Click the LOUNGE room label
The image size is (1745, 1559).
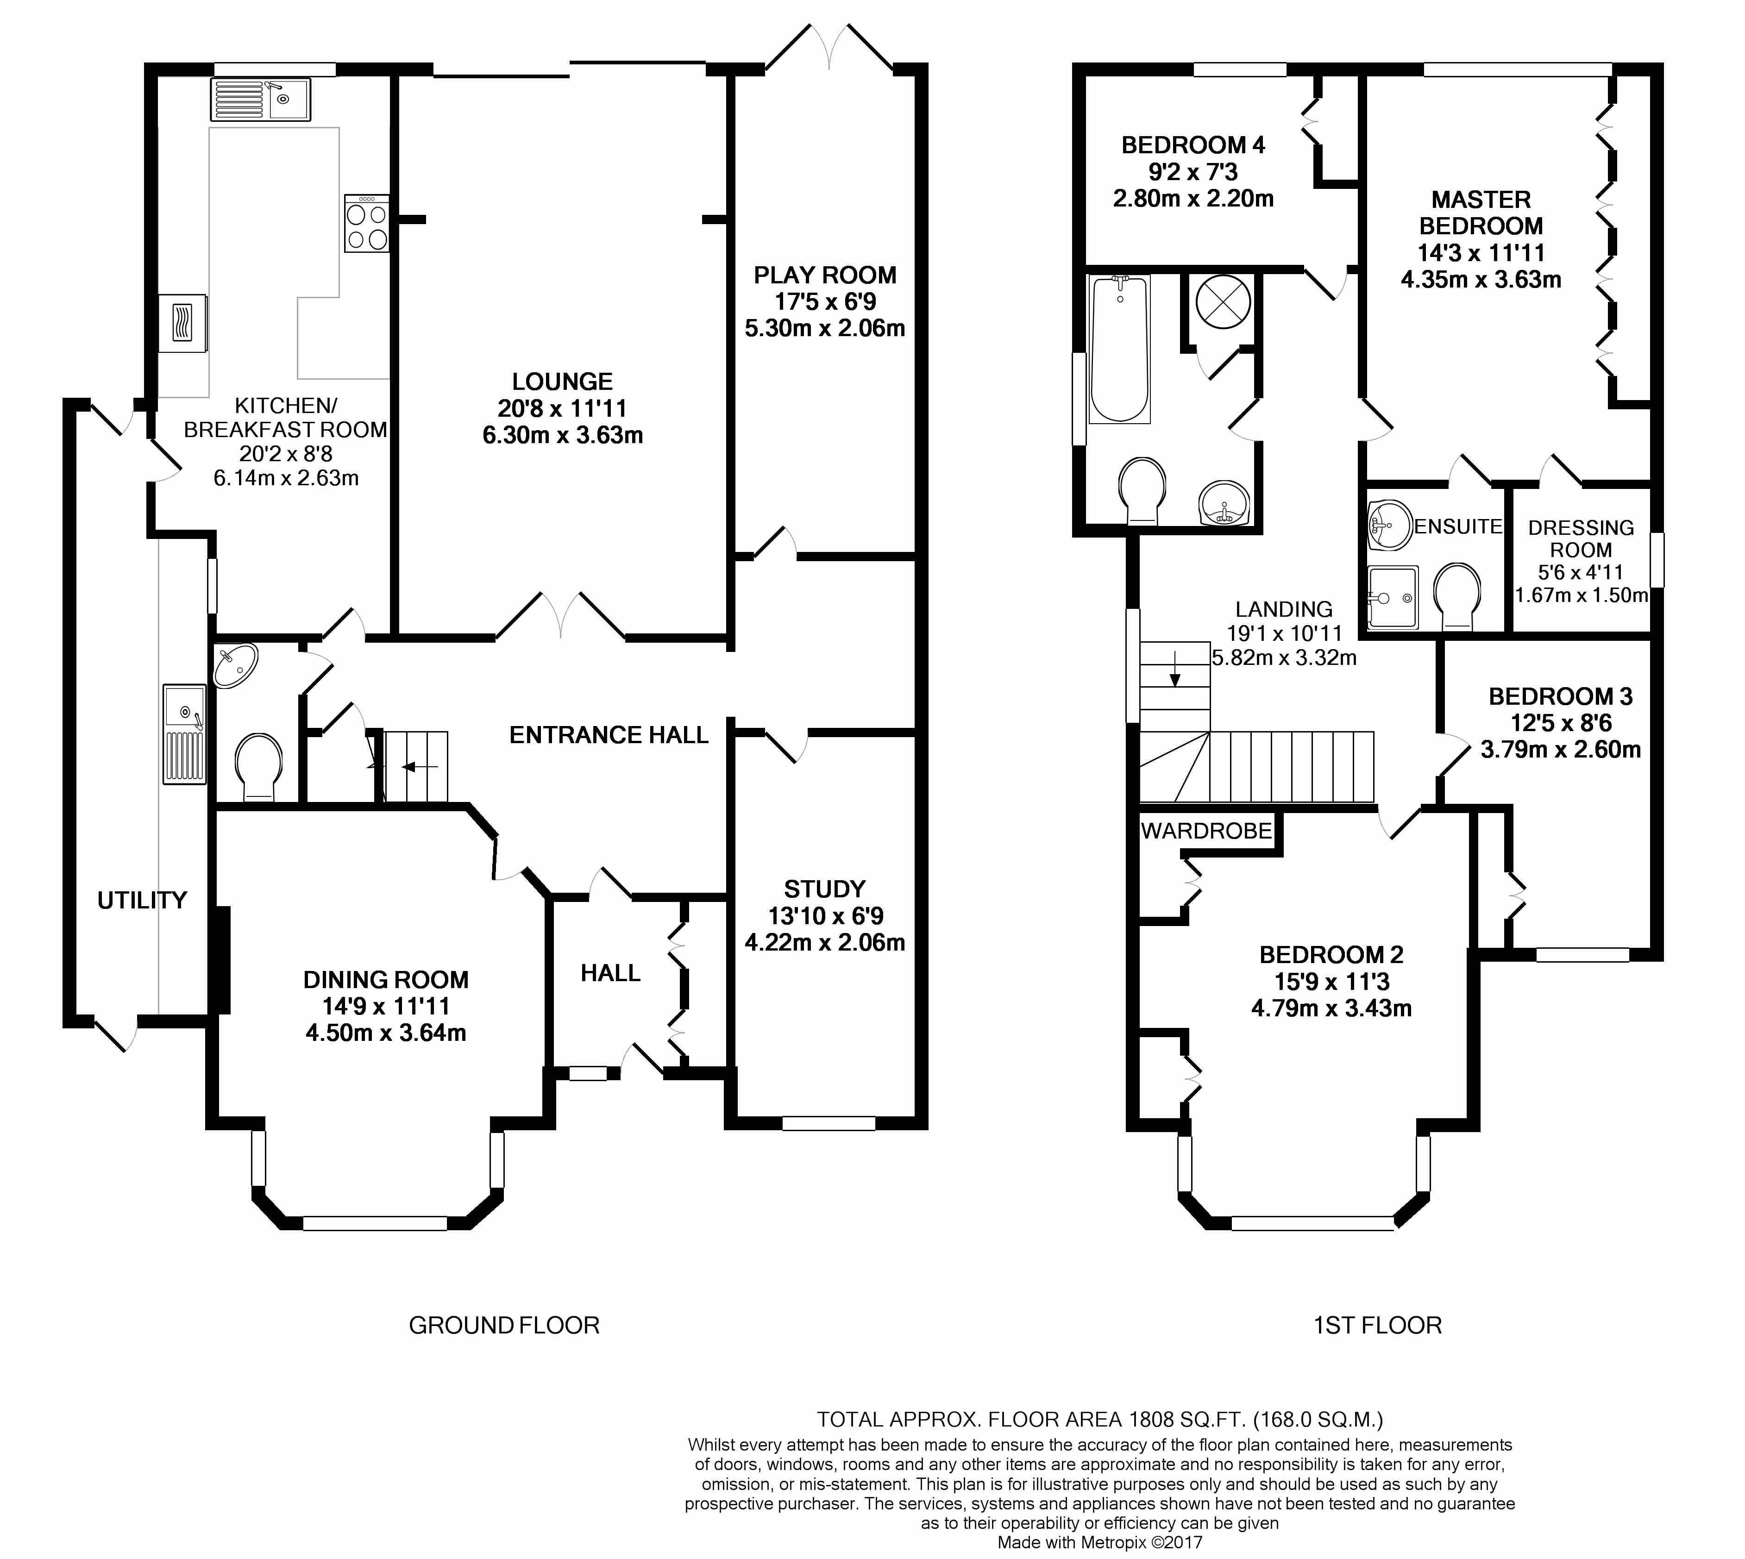pos(562,381)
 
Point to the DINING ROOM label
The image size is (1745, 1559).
pos(385,979)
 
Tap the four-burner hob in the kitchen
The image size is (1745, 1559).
pos(367,224)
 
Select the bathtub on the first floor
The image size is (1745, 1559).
pos(1120,349)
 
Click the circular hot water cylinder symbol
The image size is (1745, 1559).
pos(1223,302)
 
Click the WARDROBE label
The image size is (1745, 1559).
pos(1206,830)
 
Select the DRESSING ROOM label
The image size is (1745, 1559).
pos(1581,539)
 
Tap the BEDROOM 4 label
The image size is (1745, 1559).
pos(1193,145)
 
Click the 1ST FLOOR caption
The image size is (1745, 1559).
pos(1377,1325)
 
